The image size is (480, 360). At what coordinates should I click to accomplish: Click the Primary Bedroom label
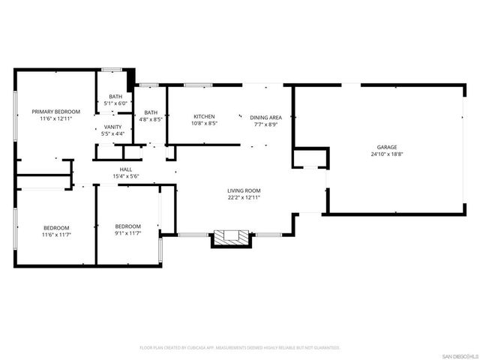55,112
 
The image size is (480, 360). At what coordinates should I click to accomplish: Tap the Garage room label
387,147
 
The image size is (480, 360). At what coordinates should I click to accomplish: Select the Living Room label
244,191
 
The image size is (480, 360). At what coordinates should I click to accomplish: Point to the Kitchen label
204,116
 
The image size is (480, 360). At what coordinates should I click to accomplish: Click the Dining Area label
265,117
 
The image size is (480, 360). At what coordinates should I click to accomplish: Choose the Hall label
126,169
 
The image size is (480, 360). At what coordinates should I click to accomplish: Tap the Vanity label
113,127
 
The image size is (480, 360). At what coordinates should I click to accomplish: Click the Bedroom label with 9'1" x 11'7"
127,226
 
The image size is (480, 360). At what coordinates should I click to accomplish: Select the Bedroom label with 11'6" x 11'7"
55,228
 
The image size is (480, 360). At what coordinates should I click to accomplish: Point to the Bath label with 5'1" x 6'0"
115,97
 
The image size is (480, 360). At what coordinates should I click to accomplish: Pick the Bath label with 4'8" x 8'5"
151,112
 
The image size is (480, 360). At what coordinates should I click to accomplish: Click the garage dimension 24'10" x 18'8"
387,154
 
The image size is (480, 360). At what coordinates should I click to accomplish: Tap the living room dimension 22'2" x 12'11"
244,199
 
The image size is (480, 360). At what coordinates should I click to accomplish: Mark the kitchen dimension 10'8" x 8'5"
204,124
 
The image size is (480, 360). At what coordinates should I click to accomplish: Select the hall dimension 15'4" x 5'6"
126,176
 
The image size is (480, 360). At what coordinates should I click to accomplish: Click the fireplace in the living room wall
229,238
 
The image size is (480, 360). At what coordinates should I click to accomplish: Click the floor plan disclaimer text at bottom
240,348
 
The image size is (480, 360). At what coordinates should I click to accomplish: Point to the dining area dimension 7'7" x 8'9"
265,124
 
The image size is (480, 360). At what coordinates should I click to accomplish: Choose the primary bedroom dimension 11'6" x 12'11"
55,119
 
